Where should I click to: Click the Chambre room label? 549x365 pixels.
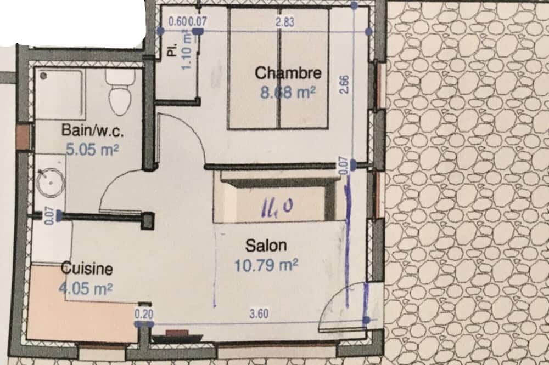tap(288, 73)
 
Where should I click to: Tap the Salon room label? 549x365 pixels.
tap(266, 246)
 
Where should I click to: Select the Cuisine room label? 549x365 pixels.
tap(87, 269)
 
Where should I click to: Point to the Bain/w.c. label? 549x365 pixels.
tap(92, 130)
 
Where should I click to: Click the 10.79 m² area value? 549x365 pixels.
tap(266, 265)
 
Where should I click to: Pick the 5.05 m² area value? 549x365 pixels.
tap(92, 150)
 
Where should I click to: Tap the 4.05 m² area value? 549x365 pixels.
tap(86, 289)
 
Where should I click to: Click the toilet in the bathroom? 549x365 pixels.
tap(121, 92)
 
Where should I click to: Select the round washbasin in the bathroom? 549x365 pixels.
tap(51, 182)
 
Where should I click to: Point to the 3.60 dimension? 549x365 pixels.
tap(259, 313)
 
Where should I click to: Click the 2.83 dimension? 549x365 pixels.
tap(284, 22)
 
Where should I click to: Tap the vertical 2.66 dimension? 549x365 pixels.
tap(344, 84)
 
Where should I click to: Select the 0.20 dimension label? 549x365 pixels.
tap(144, 314)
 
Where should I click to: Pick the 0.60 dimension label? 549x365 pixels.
tap(177, 22)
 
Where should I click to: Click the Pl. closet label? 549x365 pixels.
tap(172, 50)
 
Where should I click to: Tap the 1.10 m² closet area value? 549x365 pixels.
tap(187, 50)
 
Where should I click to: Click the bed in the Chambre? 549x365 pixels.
tap(278, 68)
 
